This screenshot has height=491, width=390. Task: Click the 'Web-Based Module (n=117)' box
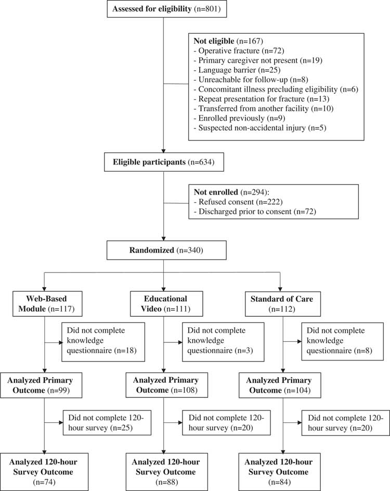pyautogui.click(x=45, y=304)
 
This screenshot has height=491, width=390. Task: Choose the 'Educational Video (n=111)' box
pyautogui.click(x=163, y=304)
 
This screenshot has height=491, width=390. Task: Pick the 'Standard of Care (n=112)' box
pyautogui.click(x=281, y=304)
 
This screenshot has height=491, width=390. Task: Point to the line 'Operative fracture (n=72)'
pyautogui.click(x=232, y=51)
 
